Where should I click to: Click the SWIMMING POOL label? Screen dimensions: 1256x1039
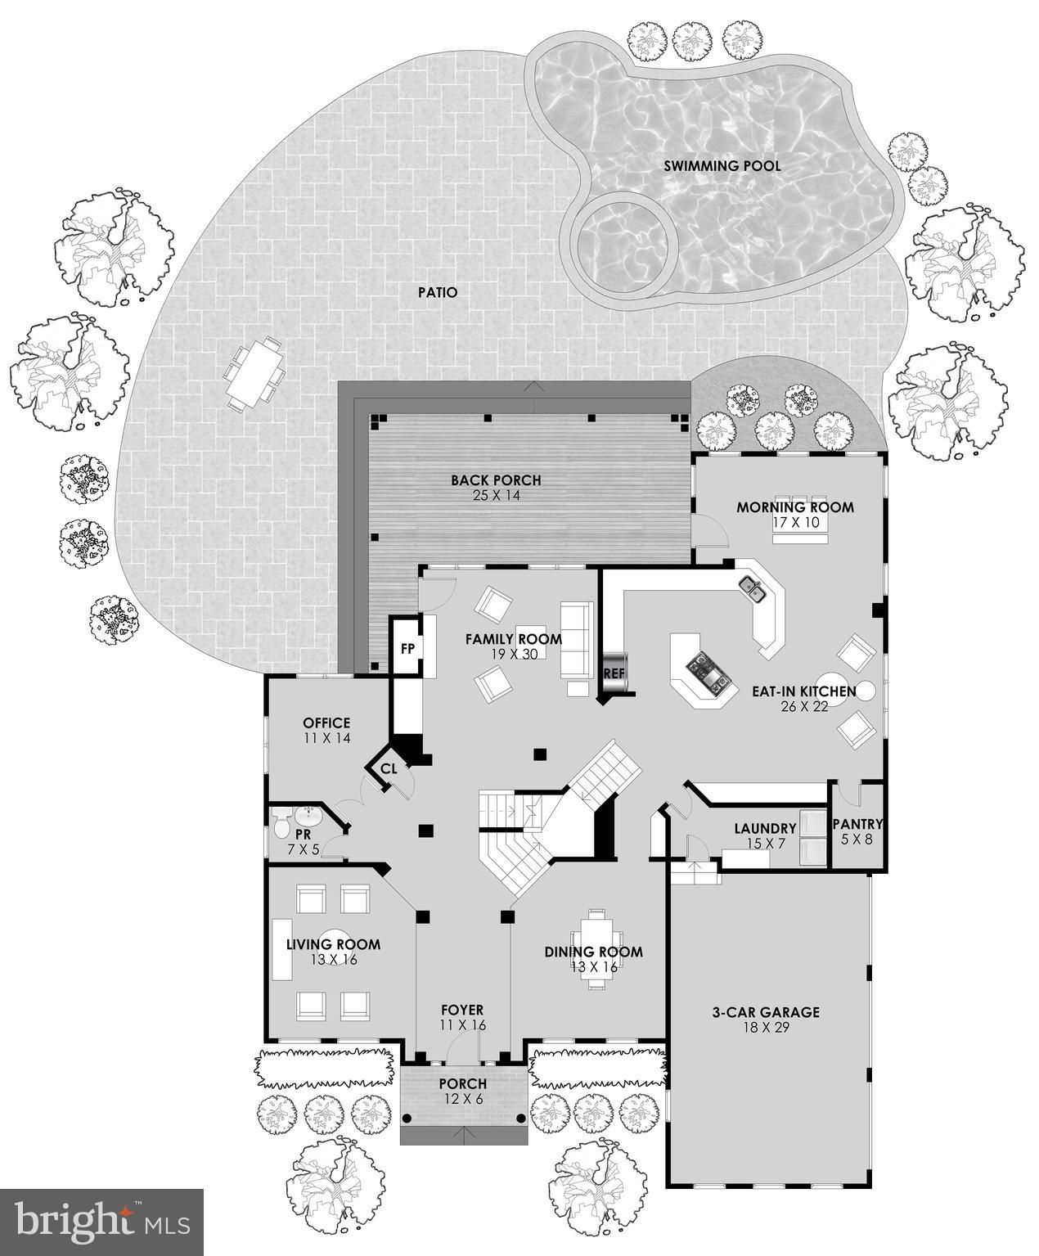click(722, 166)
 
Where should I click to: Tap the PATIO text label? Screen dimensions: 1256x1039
click(438, 292)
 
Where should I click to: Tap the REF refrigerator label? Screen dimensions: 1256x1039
click(614, 673)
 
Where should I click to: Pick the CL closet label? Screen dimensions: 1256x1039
click(389, 768)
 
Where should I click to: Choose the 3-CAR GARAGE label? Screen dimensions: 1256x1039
click(765, 1012)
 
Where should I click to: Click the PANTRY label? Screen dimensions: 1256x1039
click(857, 824)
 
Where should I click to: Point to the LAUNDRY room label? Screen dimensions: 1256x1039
click(765, 828)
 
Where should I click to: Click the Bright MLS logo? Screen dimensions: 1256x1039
click(101, 1222)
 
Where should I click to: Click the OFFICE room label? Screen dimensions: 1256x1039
click(326, 723)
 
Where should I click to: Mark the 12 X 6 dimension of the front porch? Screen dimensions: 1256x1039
click(463, 1098)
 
